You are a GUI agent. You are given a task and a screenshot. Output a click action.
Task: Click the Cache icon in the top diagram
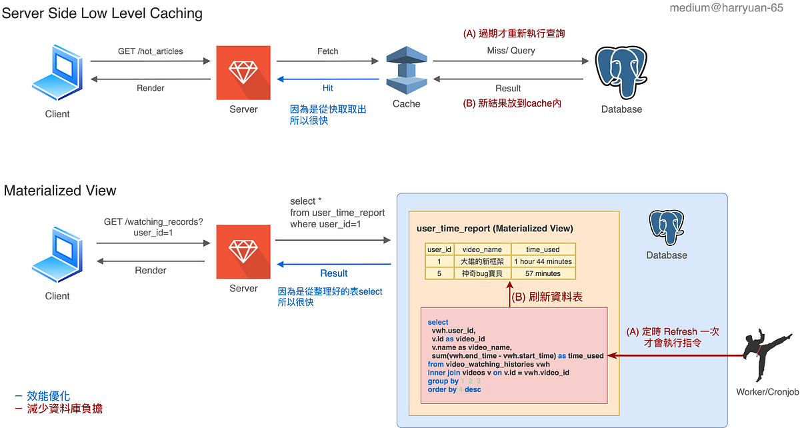[406, 71]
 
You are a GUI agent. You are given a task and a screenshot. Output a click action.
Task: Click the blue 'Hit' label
[327, 88]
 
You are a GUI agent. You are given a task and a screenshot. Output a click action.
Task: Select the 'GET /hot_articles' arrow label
[150, 51]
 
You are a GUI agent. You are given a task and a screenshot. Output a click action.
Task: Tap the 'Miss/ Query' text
[511, 51]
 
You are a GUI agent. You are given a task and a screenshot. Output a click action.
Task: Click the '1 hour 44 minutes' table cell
[543, 261]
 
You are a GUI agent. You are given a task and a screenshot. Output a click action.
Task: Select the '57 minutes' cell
[543, 273]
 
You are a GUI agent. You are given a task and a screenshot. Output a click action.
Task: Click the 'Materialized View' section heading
[60, 191]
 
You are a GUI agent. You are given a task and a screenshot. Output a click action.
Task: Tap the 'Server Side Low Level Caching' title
[102, 13]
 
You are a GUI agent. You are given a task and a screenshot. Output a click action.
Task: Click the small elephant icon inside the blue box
[666, 227]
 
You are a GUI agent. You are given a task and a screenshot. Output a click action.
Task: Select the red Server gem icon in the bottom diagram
[243, 251]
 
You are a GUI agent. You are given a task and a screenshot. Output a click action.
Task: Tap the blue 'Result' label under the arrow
[333, 273]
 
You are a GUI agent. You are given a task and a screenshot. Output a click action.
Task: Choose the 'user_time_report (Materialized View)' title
[494, 229]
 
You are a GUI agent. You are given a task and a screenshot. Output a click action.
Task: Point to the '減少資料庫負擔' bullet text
[65, 409]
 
